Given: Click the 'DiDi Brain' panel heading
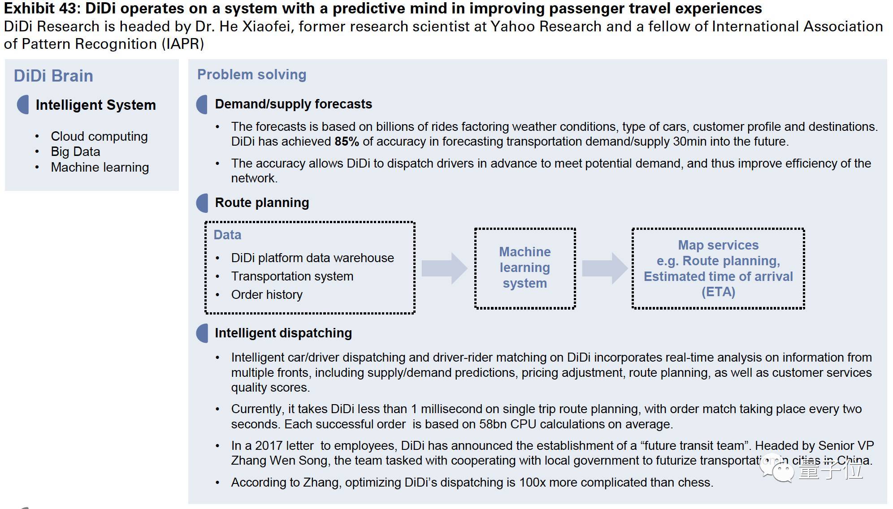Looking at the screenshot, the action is coord(53,76).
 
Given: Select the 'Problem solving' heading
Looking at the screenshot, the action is coord(251,74).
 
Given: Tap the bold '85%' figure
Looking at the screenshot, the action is coord(347,142).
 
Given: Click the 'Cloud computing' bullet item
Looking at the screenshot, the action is coord(99,136).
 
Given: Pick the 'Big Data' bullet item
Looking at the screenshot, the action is coord(75,151).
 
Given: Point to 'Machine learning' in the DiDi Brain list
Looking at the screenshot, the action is coord(100,167).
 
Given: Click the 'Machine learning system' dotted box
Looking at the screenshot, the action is coord(525,268).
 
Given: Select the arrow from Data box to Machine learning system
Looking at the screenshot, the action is coord(444,268).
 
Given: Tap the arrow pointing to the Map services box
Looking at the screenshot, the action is coord(605,268).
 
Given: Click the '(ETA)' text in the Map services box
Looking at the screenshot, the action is coord(718,292).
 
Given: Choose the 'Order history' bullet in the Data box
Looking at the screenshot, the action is coord(267,295).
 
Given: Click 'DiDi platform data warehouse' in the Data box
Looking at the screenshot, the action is coord(312,258).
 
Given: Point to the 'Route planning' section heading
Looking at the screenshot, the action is coord(262,203).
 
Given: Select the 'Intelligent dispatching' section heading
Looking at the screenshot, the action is coord(283,333).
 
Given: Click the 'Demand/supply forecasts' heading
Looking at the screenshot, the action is coord(293,104).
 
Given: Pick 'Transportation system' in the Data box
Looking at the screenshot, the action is coord(292,276).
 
